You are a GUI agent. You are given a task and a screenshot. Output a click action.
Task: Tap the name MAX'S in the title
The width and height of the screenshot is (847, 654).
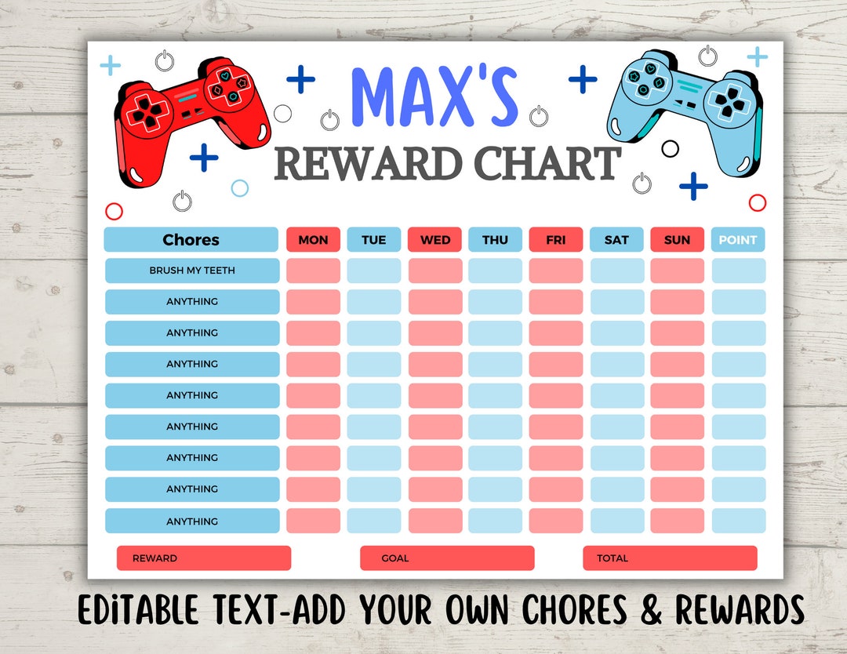coord(434,97)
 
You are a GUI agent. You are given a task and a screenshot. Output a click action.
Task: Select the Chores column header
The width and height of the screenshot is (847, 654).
coord(191,240)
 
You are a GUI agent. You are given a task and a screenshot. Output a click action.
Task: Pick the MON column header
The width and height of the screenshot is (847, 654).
coord(313,240)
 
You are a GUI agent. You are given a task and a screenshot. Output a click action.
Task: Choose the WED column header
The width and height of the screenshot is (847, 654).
coord(434,240)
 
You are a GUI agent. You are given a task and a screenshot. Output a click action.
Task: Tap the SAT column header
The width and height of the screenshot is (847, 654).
coord(616,240)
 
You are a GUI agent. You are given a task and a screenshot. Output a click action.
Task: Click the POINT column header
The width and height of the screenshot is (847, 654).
coord(737,240)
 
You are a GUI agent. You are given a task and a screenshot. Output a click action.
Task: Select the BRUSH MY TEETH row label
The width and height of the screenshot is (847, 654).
coord(192,271)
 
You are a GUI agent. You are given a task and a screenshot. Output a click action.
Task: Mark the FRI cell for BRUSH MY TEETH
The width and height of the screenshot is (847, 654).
coord(556,271)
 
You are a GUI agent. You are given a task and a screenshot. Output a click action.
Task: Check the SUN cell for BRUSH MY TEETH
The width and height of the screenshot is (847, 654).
coord(677,271)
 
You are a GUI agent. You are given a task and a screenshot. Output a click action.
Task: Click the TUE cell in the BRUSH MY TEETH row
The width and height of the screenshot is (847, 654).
coord(374,271)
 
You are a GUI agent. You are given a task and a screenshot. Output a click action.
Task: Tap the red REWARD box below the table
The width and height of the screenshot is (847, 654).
coord(204,558)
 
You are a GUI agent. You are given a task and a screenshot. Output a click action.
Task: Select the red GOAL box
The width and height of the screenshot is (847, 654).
coord(447,558)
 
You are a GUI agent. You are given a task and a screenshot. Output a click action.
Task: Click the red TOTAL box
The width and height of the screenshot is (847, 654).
coord(670,558)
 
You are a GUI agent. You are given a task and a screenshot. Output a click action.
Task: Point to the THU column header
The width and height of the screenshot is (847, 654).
coord(495,240)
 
